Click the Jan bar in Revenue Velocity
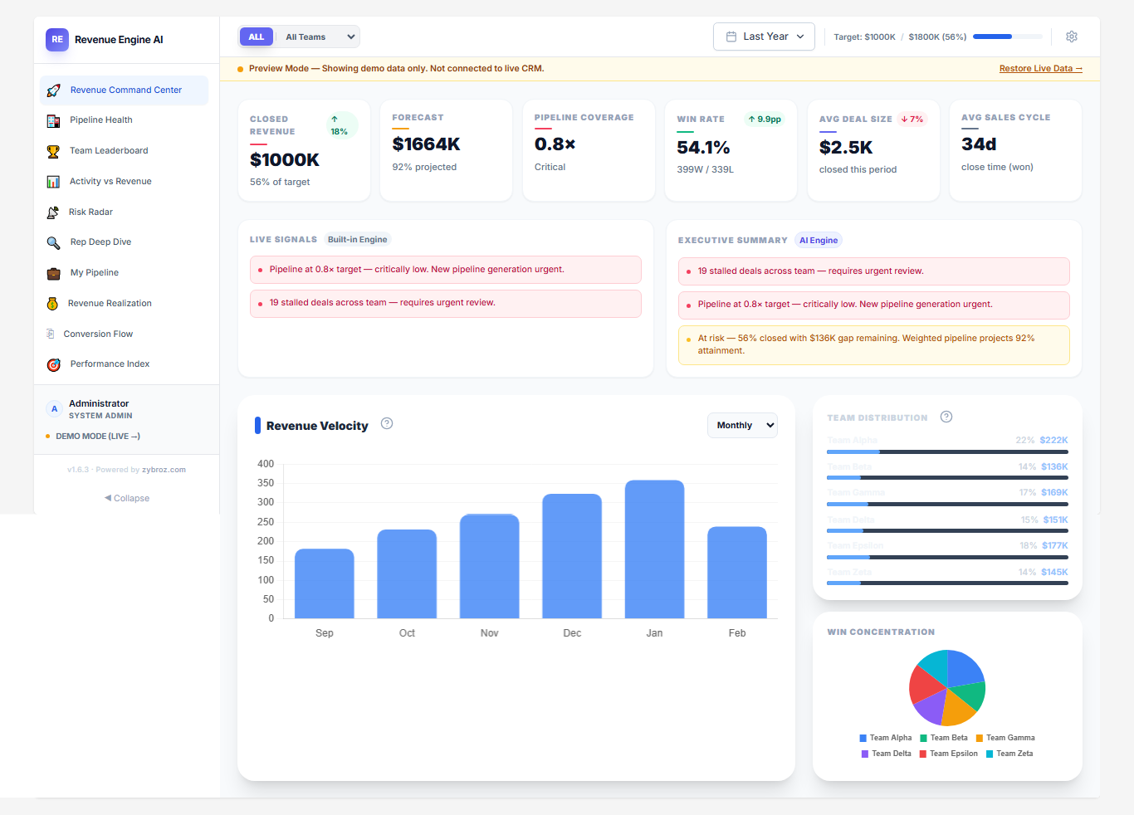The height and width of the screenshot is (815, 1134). point(654,549)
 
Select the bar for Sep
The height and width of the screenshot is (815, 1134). point(324,583)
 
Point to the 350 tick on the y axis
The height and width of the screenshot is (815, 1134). point(266,483)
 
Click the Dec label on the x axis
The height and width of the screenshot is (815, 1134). point(572,633)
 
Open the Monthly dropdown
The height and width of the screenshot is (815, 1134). point(742,425)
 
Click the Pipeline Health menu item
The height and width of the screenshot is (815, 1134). point(101,120)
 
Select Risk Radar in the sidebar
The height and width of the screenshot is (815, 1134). point(90,212)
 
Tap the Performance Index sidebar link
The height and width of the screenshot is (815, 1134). point(110,364)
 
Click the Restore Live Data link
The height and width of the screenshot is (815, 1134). point(1040,69)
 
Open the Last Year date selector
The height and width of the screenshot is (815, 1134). point(764,37)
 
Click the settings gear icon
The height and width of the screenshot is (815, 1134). point(1071,37)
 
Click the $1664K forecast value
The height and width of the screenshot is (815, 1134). point(426,144)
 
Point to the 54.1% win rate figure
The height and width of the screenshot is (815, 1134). point(703,148)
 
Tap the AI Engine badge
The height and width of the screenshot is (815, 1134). point(819,241)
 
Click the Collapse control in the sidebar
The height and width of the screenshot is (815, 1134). point(127,499)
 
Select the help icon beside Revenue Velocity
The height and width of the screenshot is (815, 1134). point(387,424)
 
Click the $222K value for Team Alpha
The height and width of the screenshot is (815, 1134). point(1053,440)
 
